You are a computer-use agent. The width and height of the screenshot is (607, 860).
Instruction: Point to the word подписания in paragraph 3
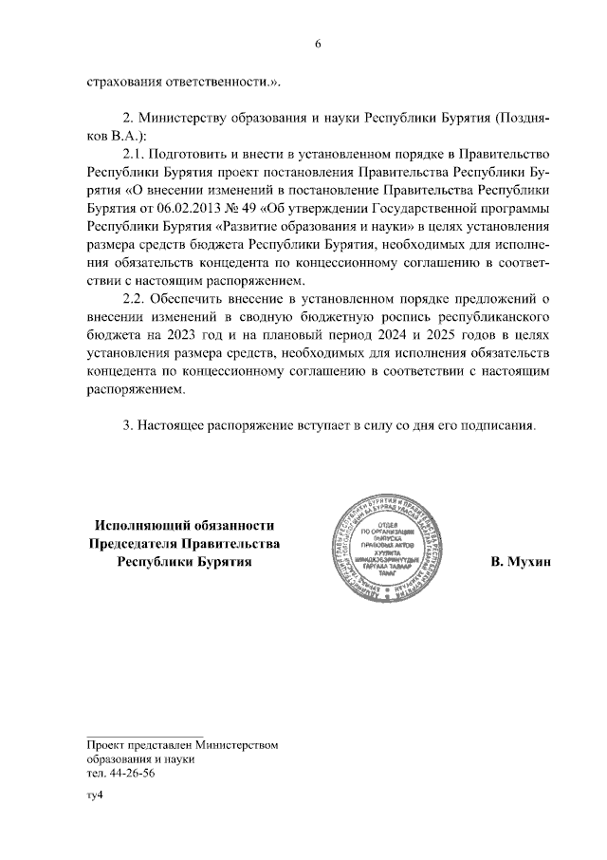500,426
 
